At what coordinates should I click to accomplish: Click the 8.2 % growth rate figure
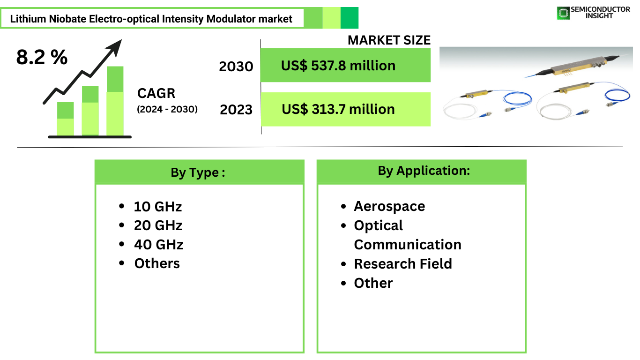42,57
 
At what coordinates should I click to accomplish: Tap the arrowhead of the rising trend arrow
115,47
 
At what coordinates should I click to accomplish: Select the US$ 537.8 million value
338,66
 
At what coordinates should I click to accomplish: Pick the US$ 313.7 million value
338,109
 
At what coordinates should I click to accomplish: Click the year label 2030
236,67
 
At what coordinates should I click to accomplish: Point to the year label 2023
236,110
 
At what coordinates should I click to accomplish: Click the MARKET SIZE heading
389,40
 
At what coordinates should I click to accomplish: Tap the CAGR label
156,93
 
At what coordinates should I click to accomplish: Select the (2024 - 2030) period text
167,109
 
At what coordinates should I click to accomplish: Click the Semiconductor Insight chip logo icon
563,13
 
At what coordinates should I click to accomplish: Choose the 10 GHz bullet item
158,206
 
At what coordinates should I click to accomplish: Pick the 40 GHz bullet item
158,245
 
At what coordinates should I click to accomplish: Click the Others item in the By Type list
157,263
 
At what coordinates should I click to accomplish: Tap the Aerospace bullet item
389,206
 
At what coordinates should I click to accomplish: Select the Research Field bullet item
403,263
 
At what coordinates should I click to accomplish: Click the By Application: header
424,171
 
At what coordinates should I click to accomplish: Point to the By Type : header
198,172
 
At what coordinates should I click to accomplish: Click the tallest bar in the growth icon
115,101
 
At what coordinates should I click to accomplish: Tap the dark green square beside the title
350,18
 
